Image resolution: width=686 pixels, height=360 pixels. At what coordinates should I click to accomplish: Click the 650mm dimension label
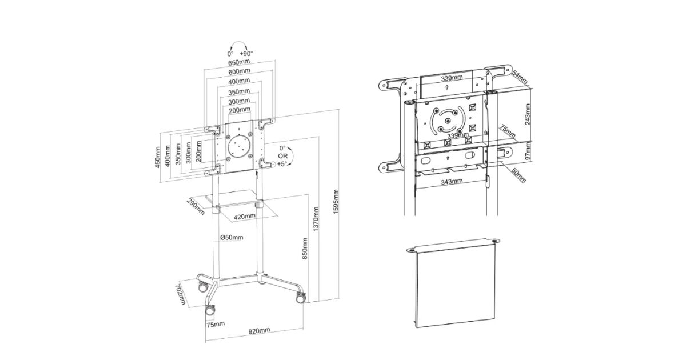click(239, 62)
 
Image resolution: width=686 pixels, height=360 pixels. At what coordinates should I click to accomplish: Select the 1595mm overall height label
click(336, 201)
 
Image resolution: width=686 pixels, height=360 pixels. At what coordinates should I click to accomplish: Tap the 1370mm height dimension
click(316, 219)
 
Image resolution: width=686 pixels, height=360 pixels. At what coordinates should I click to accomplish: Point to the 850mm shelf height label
click(305, 248)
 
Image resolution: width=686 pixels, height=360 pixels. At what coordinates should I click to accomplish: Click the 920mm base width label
click(259, 331)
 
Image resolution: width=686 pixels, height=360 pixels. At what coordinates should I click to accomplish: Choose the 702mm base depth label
click(181, 294)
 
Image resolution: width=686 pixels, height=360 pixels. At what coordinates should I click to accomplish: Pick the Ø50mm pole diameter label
click(232, 238)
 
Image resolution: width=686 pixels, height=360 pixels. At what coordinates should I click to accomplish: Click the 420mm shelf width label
click(245, 217)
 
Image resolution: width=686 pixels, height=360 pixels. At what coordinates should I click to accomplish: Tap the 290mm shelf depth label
click(196, 207)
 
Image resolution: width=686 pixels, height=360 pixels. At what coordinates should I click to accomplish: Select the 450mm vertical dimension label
click(158, 157)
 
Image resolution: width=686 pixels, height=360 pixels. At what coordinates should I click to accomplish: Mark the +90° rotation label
click(246, 54)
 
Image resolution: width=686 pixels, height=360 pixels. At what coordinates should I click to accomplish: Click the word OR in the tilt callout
click(282, 156)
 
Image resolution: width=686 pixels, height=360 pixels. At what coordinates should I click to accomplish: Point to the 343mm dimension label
click(452, 182)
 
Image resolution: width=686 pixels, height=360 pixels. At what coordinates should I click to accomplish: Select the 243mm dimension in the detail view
click(528, 114)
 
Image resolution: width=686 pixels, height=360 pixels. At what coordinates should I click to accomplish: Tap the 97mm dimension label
click(528, 151)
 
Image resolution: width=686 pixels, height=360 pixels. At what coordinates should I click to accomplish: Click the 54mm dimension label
click(520, 77)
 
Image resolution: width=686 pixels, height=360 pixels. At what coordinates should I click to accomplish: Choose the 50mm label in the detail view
click(518, 176)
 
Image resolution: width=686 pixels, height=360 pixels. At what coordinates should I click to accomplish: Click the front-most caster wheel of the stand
click(210, 310)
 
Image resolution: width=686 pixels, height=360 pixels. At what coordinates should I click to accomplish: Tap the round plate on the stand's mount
click(239, 147)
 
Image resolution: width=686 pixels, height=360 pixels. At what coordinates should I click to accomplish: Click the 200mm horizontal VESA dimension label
click(240, 110)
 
